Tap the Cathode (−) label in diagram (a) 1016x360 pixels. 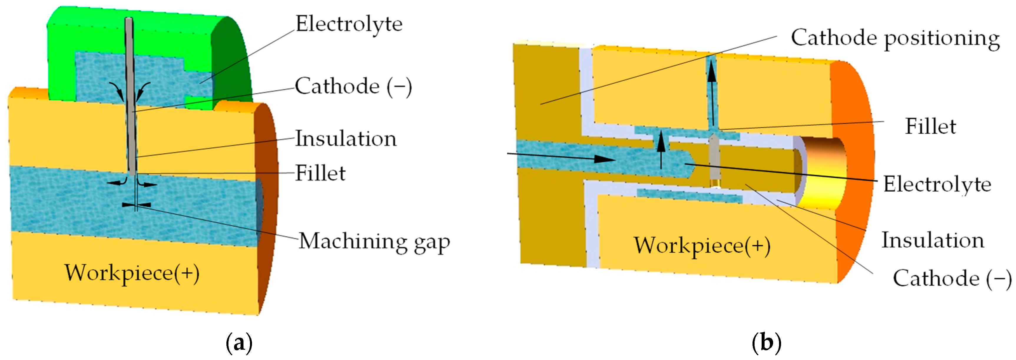[x=353, y=86]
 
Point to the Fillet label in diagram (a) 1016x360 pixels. [x=320, y=173]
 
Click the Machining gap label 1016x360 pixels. [x=374, y=241]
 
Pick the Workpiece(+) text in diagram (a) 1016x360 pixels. [x=132, y=273]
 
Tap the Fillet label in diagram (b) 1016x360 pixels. [x=930, y=127]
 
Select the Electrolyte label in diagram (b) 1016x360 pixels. [x=937, y=184]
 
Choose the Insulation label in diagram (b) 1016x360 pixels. [x=932, y=240]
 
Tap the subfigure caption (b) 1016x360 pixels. [x=766, y=343]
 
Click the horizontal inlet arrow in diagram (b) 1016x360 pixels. [x=560, y=157]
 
